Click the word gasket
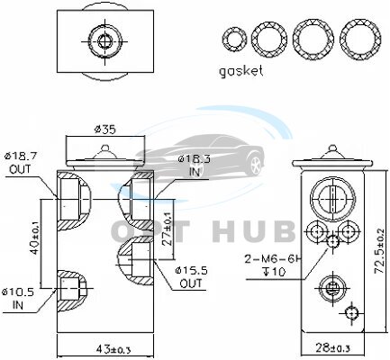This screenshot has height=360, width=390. tap(241, 72)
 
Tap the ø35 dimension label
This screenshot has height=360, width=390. tap(104, 130)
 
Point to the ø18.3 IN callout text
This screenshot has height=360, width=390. tap(195, 166)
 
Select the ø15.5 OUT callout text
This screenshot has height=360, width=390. tap(191, 277)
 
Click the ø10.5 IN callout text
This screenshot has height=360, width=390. tap(18, 298)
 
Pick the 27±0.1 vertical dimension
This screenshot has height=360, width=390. tap(168, 229)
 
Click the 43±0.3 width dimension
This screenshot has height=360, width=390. tap(113, 348)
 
